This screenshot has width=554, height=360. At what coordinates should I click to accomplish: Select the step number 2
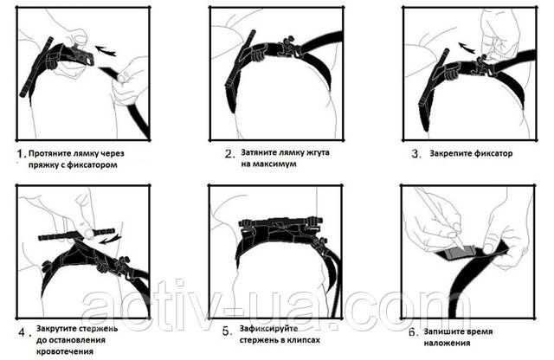coord(229,154)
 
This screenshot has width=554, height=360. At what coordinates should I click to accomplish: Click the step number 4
coord(23,332)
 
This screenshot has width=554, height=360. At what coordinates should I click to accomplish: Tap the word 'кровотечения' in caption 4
coord(65,351)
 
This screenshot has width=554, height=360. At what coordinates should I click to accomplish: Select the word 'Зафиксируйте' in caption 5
coord(268,329)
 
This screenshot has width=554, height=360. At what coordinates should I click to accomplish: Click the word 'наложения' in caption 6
coord(447,343)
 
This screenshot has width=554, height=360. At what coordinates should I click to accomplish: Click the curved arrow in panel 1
coord(106,50)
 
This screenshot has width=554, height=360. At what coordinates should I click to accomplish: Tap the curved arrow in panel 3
coord(467,48)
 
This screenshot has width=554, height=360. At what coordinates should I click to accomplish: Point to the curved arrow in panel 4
coord(110,240)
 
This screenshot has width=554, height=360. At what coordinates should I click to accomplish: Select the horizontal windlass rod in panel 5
coord(280,222)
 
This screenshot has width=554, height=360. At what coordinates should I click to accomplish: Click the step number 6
coord(414,332)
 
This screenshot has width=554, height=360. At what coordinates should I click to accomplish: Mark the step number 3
coord(416,154)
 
